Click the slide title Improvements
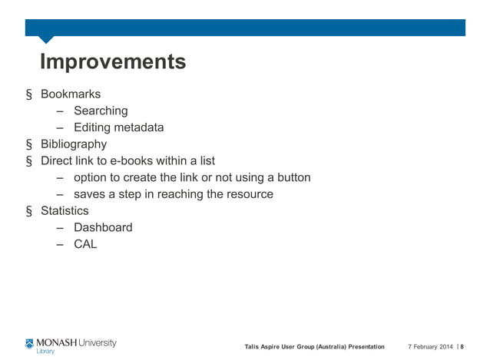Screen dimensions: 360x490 point(112,61)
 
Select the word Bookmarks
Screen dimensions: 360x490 point(71,94)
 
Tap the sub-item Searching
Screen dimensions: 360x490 point(101,111)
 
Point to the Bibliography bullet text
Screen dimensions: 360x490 point(74,144)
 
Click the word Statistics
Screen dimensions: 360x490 point(65,211)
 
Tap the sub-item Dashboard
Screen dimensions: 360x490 point(103,228)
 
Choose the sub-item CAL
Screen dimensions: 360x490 point(85,245)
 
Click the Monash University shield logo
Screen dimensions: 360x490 point(30,343)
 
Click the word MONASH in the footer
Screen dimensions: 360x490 point(57,342)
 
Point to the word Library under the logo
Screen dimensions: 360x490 point(46,352)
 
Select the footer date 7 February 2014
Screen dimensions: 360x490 point(430,347)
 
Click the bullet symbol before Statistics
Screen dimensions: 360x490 point(29,211)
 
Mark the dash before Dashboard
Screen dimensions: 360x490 point(59,228)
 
